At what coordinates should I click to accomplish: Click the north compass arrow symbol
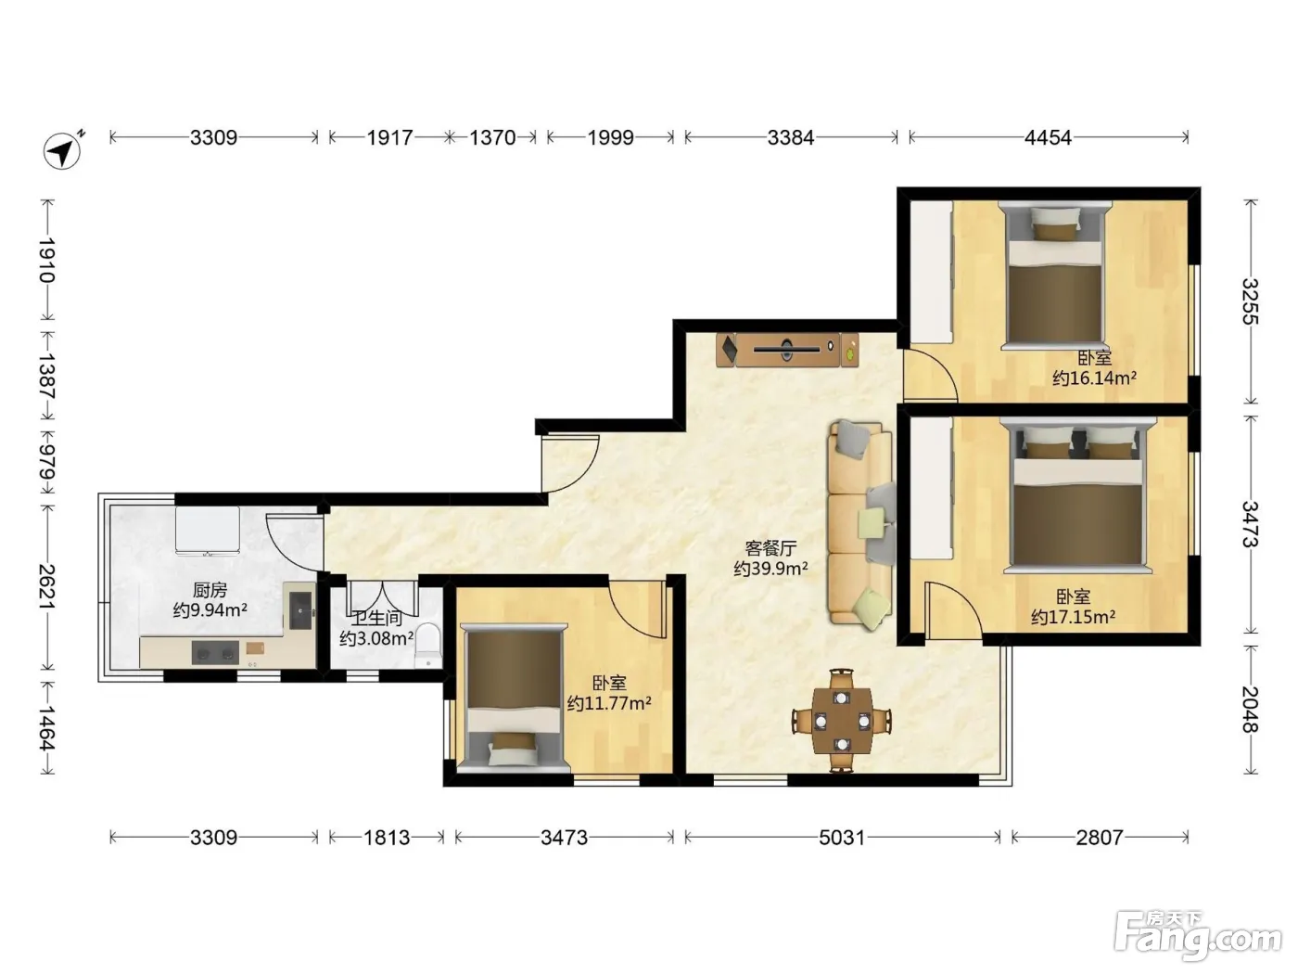point(62,151)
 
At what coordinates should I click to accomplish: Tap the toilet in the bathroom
point(428,646)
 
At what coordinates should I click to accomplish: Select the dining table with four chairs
point(842,721)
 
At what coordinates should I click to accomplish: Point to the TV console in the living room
point(787,350)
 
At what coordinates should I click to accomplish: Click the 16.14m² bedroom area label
point(1094,368)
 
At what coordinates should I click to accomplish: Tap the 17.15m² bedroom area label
point(1073,607)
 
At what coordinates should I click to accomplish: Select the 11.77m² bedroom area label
point(609,693)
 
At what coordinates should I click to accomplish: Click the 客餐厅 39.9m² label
point(770,558)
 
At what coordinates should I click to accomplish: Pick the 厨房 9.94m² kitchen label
point(210,599)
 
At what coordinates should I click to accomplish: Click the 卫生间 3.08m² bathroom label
point(376,628)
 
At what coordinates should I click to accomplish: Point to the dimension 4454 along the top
point(1048,138)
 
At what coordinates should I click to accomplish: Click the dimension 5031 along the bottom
point(842,838)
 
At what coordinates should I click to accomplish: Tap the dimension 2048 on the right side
point(1250,709)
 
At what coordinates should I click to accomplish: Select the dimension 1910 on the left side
point(47,260)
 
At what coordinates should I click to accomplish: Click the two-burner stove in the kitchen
point(215,653)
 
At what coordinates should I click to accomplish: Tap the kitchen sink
point(300,611)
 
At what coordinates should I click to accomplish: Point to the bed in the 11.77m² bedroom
point(514,698)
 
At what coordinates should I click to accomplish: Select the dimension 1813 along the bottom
point(386,838)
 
